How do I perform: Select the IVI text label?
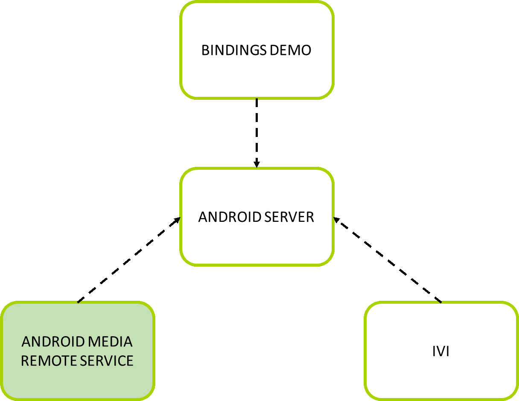(x=441, y=352)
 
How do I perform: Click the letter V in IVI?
(x=441, y=352)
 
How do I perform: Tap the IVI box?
(x=441, y=375)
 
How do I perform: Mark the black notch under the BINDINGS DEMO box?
(x=257, y=99)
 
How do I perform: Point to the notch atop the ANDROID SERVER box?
(x=257, y=168)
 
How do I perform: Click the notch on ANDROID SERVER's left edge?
(x=181, y=218)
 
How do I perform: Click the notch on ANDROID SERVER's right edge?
(x=333, y=218)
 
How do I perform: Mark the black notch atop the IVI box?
(x=440, y=302)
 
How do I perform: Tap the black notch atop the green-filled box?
(x=79, y=302)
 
